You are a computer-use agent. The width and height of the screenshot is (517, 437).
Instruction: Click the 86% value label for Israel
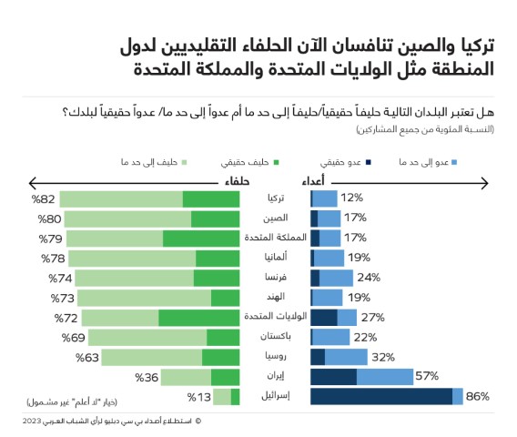(x=478, y=396)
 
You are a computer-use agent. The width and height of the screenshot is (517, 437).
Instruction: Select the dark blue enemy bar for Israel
(x=381, y=396)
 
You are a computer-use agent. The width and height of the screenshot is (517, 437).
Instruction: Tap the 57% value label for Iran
(x=427, y=376)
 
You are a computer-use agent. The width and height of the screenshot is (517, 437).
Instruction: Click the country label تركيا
(x=275, y=198)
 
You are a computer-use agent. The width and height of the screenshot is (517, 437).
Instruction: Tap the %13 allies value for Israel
(x=198, y=397)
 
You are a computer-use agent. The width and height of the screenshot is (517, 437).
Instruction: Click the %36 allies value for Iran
(x=147, y=377)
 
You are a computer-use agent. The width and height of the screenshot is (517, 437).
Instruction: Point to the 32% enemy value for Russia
(x=382, y=357)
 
